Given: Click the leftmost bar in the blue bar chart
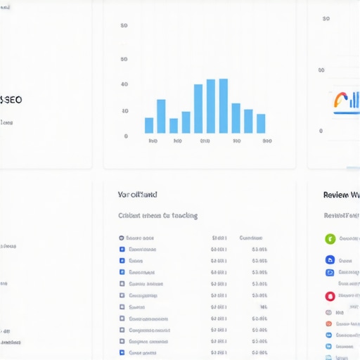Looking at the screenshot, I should (149, 125).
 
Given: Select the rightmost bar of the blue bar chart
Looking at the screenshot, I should (261, 124).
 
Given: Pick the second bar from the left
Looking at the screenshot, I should (161, 116).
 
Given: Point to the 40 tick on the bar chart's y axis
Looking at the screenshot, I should (124, 84).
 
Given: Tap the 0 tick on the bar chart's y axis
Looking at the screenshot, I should (126, 136).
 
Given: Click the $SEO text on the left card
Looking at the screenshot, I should (12, 100).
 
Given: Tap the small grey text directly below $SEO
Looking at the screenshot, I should (6, 122).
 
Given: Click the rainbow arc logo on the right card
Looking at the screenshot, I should (340, 101).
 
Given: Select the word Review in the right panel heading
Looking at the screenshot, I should (335, 195).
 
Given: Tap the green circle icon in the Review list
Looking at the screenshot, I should (330, 239).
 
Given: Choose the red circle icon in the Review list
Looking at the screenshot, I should (330, 297).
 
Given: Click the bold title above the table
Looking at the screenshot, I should (138, 194).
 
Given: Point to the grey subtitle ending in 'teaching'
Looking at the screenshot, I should (157, 216).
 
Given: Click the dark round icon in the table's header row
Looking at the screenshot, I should (122, 238).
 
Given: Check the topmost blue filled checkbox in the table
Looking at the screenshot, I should (122, 250).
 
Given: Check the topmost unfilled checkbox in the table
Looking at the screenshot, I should (122, 284).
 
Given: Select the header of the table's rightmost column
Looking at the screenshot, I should (251, 238).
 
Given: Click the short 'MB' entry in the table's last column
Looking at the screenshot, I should (263, 307).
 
